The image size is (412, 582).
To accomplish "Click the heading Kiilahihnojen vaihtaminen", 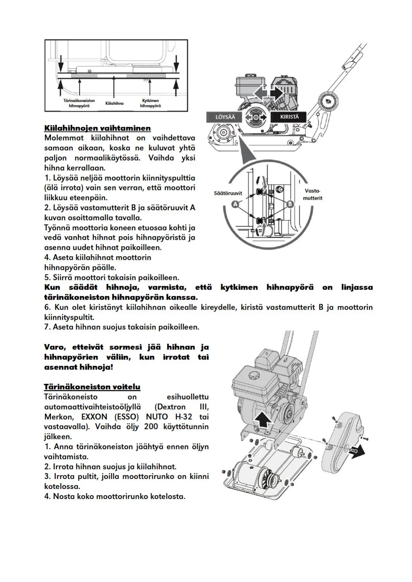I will click(x=97, y=128).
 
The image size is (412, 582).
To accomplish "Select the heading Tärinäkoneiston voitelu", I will click(x=92, y=387).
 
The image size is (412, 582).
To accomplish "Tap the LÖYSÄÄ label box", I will click(x=225, y=117).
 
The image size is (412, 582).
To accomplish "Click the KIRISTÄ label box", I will click(x=289, y=117).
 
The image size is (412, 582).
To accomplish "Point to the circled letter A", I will click(x=236, y=204).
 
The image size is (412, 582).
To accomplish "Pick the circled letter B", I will click(x=290, y=204).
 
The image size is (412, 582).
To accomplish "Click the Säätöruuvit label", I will click(x=228, y=193).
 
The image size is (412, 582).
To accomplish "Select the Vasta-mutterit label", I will click(x=313, y=195).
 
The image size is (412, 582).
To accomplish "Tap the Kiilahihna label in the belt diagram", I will click(x=114, y=103).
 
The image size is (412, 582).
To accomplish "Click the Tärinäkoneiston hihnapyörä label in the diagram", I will click(x=79, y=103).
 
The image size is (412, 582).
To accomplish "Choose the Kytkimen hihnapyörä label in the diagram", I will click(x=150, y=103).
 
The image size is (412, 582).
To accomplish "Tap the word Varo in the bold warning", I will click(x=56, y=347).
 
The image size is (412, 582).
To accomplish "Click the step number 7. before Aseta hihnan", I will click(x=47, y=327).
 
